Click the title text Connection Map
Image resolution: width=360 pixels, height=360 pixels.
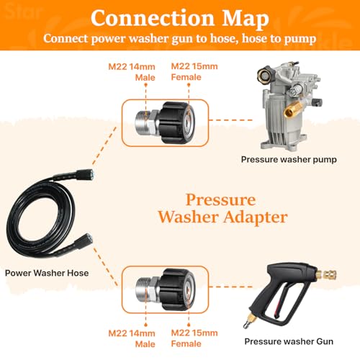pyautogui.click(x=179, y=17)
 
